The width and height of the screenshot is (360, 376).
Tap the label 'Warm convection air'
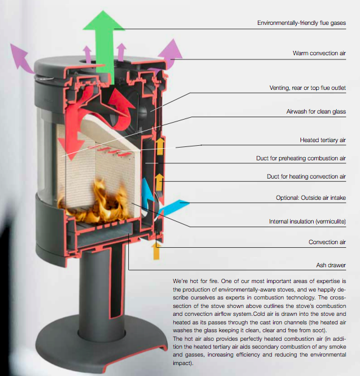point(319,53)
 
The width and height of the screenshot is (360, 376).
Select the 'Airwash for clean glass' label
point(316,112)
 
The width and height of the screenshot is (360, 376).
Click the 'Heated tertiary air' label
point(322,140)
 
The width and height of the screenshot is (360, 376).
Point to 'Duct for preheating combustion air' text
point(301,159)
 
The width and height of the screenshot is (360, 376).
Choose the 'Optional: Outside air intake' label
point(311,198)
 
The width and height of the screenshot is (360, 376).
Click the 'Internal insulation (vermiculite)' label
point(307,221)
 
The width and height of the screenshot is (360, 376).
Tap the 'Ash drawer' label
point(331,265)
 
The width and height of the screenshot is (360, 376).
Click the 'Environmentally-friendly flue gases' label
point(302,23)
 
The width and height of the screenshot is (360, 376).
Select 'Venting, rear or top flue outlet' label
point(308,88)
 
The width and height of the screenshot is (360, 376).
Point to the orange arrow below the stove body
point(156,251)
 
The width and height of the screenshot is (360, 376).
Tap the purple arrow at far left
point(21,58)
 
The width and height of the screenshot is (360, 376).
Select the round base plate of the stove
point(101,345)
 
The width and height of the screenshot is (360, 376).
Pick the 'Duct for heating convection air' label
point(306,177)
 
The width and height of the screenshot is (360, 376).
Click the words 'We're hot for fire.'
point(195,281)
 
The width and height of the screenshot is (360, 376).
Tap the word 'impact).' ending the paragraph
point(183,363)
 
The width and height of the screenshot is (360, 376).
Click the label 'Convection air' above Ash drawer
point(327,242)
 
